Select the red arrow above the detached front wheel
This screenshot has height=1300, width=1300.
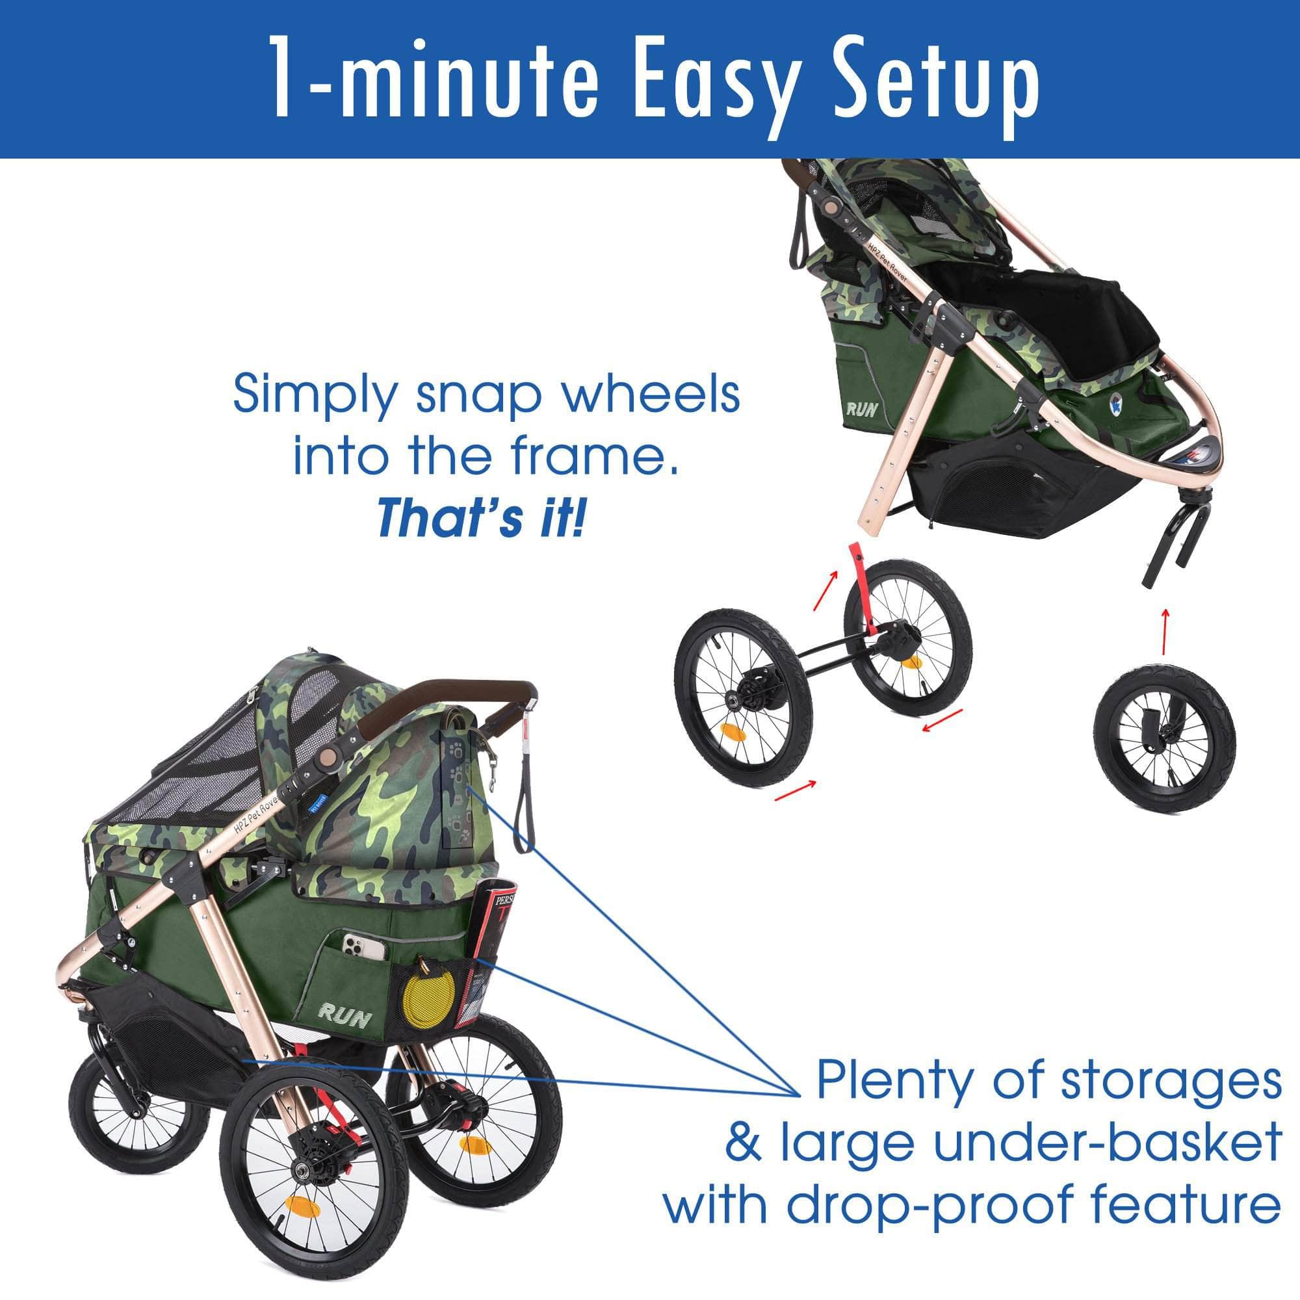click(x=1165, y=630)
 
